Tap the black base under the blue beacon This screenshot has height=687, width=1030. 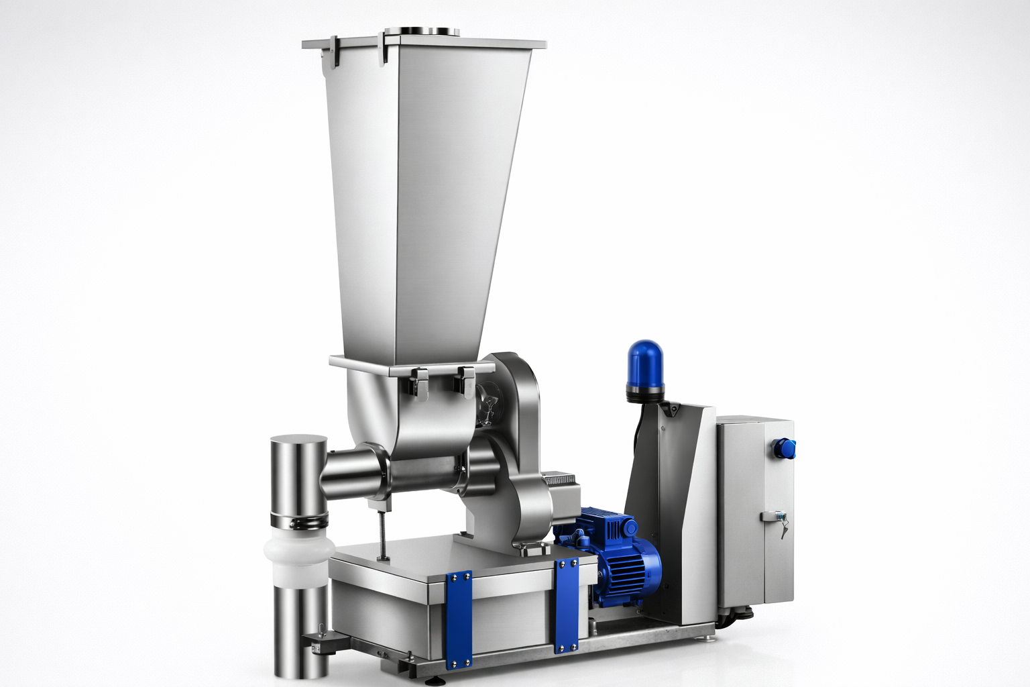coord(645,394)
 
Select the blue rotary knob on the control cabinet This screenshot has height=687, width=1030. coord(783,447)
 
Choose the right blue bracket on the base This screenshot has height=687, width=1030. coord(567,604)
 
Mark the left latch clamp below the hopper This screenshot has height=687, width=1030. coord(420,382)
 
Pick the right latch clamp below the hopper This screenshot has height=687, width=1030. coord(463,381)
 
